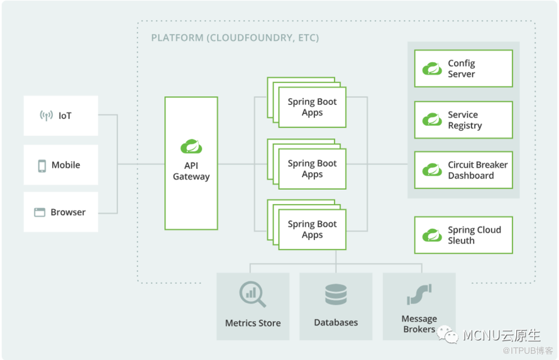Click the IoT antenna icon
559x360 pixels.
click(x=46, y=116)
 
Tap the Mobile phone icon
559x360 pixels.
click(x=42, y=166)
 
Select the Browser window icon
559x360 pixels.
click(x=40, y=212)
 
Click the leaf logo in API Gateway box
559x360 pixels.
click(x=191, y=146)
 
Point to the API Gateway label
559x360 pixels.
click(x=191, y=171)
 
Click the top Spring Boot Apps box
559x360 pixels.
click(x=313, y=107)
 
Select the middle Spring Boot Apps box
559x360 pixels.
click(x=313, y=169)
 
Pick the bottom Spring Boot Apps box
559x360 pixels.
click(x=313, y=229)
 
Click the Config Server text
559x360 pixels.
click(x=462, y=68)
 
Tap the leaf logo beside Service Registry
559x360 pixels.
click(x=432, y=119)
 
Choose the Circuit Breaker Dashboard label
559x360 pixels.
click(x=478, y=170)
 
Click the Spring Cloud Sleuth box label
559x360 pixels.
click(x=475, y=235)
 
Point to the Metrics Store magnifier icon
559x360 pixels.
click(x=252, y=294)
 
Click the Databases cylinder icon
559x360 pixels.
click(x=336, y=295)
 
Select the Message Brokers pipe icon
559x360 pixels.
click(x=419, y=294)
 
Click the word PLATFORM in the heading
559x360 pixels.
click(x=177, y=38)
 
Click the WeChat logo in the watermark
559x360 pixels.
click(x=448, y=335)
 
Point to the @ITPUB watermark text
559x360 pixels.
click(x=528, y=351)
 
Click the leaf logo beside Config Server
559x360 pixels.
click(x=432, y=68)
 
